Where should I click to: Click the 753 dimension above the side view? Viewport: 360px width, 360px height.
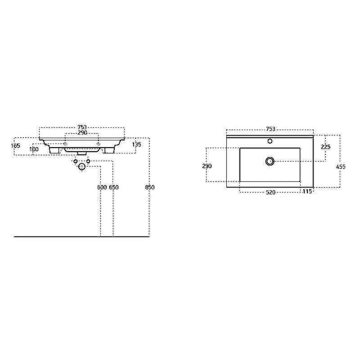(82, 127)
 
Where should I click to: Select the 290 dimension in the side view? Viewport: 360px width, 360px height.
(82, 133)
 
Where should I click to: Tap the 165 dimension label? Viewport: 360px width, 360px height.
(16, 145)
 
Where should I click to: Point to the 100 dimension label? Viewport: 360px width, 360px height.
(34, 149)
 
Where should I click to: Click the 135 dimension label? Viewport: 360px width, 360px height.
(137, 144)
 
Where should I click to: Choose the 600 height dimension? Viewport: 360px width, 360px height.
(102, 187)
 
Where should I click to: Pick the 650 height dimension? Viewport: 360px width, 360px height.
(114, 187)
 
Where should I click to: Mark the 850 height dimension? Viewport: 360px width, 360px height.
(150, 187)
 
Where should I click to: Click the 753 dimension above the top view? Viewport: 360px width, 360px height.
(270, 129)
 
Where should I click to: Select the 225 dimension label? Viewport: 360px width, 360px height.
(325, 147)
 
